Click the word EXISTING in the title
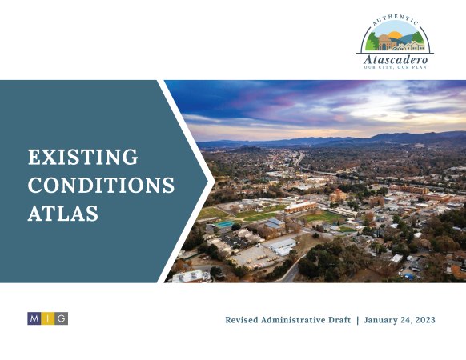[x=83, y=157]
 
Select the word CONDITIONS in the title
[x=101, y=185]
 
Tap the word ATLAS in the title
[x=63, y=213]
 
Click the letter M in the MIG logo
[x=34, y=318]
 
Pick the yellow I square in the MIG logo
[x=47, y=318]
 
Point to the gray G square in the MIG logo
[x=61, y=318]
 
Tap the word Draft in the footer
[x=339, y=320]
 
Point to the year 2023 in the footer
[x=425, y=320]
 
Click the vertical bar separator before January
[x=358, y=320]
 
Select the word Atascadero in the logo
[x=396, y=60]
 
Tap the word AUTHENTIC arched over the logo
[x=395, y=19]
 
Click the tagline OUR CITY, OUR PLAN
[x=396, y=67]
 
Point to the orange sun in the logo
[x=396, y=34]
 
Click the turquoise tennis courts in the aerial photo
[x=223, y=224]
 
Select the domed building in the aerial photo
[x=338, y=195]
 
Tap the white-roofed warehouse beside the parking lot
[x=283, y=246]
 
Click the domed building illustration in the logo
[x=384, y=42]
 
